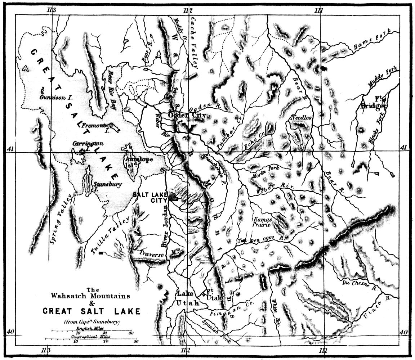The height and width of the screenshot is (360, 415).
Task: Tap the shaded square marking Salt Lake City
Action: point(174,197)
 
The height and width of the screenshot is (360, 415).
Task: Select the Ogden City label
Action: point(187,116)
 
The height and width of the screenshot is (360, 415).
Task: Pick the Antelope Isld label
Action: point(138,162)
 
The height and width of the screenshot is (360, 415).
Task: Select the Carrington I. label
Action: point(88,145)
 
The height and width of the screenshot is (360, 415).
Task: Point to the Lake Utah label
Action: point(188,298)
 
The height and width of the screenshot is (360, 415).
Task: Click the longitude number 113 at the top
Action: point(51,10)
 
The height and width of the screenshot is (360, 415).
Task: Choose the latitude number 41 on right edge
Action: point(403,148)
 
